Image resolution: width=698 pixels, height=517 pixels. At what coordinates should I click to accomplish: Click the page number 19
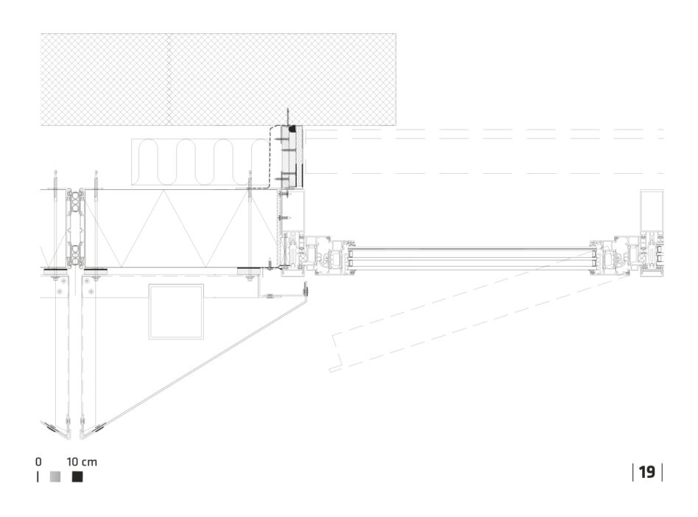pos(646,472)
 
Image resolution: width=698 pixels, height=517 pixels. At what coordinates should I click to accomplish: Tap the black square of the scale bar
pos(77,476)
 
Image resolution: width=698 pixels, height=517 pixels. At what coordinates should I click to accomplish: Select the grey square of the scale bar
pos(55,476)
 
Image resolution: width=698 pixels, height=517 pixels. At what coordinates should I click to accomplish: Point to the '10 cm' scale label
pos(82,462)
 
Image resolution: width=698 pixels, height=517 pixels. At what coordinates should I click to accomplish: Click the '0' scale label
pos(38,462)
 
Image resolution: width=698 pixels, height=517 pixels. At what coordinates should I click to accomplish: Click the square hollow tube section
pos(176,312)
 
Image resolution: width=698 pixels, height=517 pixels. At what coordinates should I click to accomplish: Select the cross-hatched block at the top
pos(218,80)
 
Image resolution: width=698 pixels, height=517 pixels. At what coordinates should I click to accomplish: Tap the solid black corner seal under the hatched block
pos(292,129)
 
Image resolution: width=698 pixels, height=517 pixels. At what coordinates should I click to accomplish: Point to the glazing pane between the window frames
pos(472,259)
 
